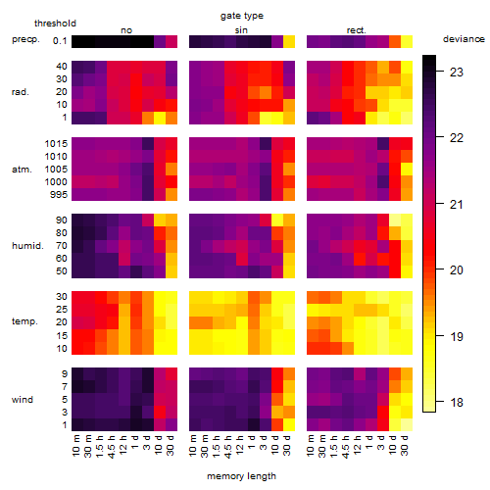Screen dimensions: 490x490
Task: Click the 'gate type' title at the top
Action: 242,16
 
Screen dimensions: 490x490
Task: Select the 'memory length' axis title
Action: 241,476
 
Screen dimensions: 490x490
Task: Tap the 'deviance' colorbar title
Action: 464,39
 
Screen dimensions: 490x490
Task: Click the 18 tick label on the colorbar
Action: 457,402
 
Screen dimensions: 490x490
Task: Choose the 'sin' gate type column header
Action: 241,30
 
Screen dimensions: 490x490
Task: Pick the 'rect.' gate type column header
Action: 356,30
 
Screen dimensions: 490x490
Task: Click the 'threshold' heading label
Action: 55,24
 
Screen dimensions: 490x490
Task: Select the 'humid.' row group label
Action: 27,246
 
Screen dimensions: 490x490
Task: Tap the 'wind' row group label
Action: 23,400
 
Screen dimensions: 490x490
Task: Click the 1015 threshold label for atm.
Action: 56,144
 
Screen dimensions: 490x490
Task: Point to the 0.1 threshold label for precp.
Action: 60,41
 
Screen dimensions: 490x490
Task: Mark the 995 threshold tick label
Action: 59,195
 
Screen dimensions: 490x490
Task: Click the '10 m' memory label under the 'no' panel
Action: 76,446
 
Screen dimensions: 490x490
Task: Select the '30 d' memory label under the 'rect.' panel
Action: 405,446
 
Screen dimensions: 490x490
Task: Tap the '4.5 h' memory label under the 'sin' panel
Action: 228,446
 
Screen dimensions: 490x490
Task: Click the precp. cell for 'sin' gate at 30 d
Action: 289,41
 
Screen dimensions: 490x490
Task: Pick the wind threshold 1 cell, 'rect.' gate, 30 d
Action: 407,424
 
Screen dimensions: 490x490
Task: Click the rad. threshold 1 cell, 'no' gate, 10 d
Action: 160,118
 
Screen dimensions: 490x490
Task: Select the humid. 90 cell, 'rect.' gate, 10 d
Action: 395,220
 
